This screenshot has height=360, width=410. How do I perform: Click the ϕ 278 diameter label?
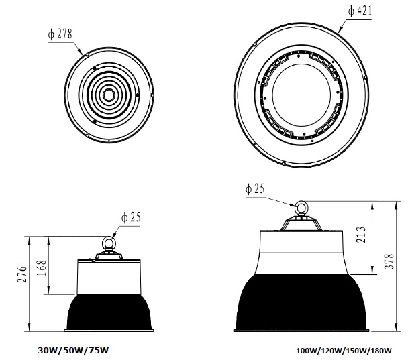(x=60, y=34)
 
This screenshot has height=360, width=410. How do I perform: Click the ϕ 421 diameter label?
(x=360, y=11)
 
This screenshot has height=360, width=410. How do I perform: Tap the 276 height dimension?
(x=22, y=274)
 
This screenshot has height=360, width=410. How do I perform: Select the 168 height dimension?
(x=42, y=267)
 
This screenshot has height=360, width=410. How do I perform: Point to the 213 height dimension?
(x=361, y=235)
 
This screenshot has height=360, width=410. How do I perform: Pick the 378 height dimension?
(x=389, y=261)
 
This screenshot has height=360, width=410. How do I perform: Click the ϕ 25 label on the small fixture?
(x=131, y=217)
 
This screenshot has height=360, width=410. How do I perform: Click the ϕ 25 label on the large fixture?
(x=255, y=188)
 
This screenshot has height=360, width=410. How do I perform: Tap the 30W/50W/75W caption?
(x=73, y=350)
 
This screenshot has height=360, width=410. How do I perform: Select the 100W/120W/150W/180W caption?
(x=344, y=351)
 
